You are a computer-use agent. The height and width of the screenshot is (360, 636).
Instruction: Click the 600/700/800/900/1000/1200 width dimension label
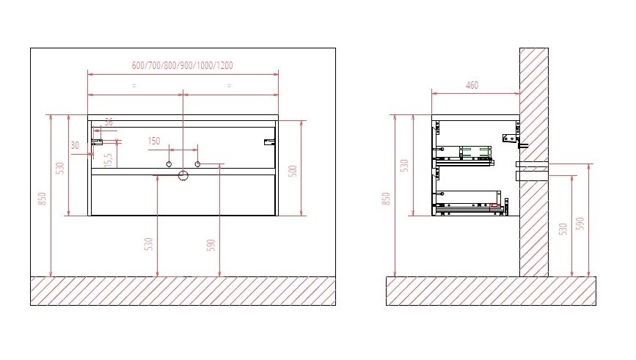pos(183,65)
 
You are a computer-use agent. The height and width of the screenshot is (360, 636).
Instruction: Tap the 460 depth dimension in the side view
pos(472,85)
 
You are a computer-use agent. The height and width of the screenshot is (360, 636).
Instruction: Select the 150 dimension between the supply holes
pos(154,141)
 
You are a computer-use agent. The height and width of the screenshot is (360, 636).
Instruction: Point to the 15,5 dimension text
pos(108,160)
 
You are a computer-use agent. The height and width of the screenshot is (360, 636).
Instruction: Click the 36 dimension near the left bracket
pos(109,122)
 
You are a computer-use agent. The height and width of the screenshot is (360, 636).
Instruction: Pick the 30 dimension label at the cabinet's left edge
pos(75,145)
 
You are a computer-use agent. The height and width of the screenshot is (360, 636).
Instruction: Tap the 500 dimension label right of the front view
pos(293,171)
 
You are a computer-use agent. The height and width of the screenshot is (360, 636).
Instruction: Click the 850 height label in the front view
pos(43,199)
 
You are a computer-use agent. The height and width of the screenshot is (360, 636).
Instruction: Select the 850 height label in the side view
pos(386,199)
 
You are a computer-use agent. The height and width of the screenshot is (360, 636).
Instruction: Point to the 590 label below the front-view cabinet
pos(211,245)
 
